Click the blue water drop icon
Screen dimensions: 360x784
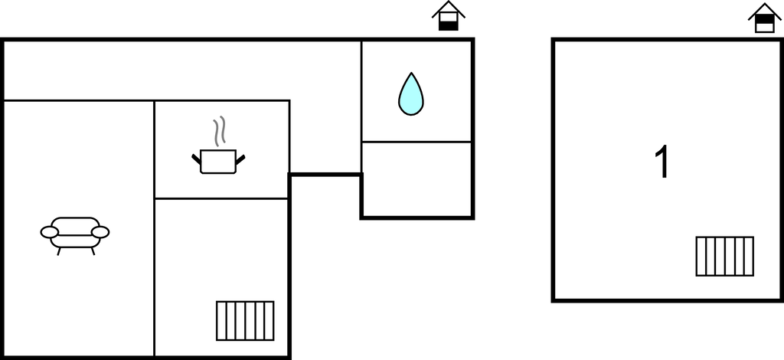[x=411, y=94]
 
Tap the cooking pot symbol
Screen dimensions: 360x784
[x=218, y=161]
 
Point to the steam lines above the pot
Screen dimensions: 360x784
[x=220, y=131]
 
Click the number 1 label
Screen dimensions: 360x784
[x=663, y=163]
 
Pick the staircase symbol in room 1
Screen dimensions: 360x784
[x=724, y=256]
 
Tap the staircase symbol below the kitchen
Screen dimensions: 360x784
[x=245, y=320]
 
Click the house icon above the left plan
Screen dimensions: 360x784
[x=449, y=16]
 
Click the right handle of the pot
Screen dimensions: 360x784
[x=240, y=159]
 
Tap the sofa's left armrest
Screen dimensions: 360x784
[x=49, y=231]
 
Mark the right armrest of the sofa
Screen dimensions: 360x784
[x=100, y=231]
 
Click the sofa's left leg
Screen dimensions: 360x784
[x=58, y=250]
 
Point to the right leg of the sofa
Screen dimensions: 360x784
[x=93, y=250]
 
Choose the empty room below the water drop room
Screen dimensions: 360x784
[x=416, y=178]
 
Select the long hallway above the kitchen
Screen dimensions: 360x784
[x=182, y=70]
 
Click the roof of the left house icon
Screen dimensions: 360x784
[x=449, y=8]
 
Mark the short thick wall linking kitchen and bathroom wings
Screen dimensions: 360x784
[x=325, y=175]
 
